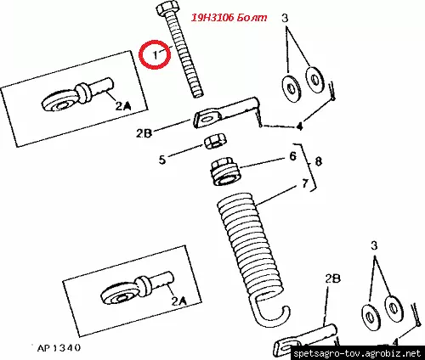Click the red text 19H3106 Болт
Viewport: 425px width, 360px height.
(x=229, y=18)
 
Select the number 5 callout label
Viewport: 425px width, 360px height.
(x=162, y=160)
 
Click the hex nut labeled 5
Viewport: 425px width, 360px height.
(x=216, y=141)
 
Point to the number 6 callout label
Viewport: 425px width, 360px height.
(x=292, y=156)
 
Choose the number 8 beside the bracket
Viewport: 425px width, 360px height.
(x=319, y=161)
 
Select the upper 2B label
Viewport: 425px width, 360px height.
(x=144, y=133)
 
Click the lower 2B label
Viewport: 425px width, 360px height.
(x=332, y=279)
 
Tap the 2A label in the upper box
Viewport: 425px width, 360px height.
(x=123, y=106)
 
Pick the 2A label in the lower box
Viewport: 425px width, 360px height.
(x=179, y=301)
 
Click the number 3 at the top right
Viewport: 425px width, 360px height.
(x=285, y=18)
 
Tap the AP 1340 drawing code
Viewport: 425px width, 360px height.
(x=59, y=348)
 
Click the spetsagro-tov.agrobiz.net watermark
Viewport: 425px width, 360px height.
(x=357, y=353)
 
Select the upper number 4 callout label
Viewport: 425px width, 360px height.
(x=299, y=126)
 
